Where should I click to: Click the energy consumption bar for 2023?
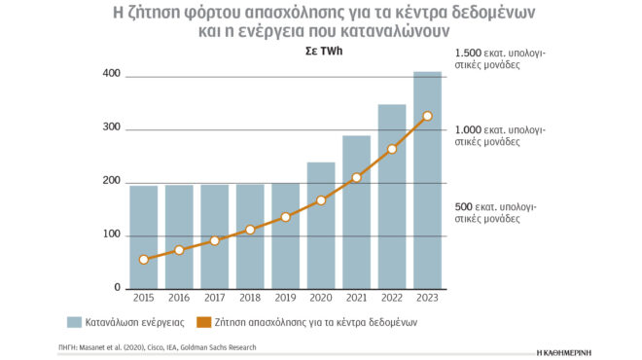click(x=427, y=180)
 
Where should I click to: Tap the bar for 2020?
click(x=321, y=225)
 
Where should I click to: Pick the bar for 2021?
click(x=356, y=211)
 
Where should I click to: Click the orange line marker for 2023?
click(x=427, y=116)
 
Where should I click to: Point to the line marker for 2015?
click(x=144, y=260)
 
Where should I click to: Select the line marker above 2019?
click(x=285, y=217)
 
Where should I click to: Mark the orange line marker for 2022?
click(x=392, y=149)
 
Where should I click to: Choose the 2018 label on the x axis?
click(x=250, y=300)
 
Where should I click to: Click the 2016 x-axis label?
click(x=179, y=300)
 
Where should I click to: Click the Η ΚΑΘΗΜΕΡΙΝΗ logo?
click(x=578, y=348)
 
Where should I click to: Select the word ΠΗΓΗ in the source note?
click(x=70, y=346)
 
